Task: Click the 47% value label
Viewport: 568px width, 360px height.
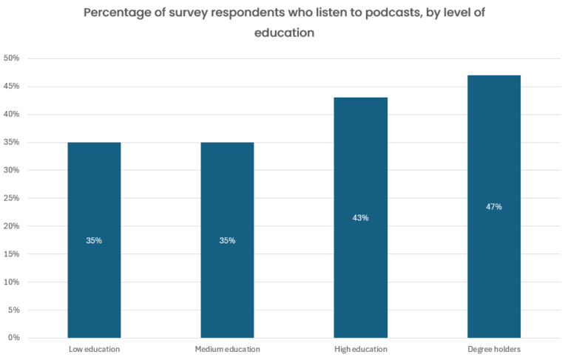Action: point(493,207)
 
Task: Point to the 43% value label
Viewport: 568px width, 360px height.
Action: point(360,218)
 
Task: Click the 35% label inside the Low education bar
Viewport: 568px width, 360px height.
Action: point(94,240)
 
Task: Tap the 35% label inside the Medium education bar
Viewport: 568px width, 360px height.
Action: point(227,240)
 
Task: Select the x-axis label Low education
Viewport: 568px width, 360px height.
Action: point(94,349)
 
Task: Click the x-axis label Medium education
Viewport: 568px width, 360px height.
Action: point(227,349)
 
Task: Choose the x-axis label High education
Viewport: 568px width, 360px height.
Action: point(360,349)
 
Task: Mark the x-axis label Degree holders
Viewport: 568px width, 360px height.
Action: point(493,349)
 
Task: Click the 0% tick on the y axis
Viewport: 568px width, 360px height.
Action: point(13,338)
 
